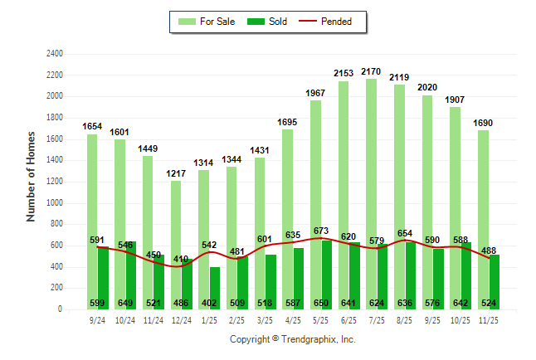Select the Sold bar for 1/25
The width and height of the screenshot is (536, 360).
point(215,286)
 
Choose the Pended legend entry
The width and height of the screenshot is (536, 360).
point(339,22)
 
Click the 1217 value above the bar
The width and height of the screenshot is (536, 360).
point(177,173)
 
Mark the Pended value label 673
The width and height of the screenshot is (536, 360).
point(322,231)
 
